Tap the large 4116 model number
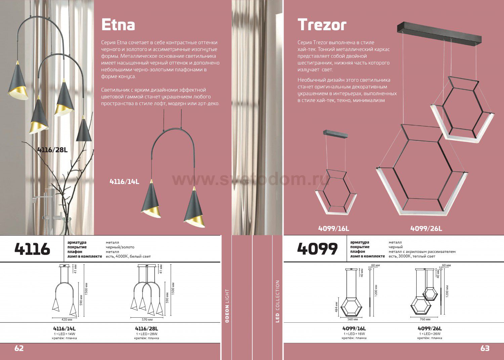tap(32, 249)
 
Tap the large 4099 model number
tap(317, 249)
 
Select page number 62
tap(19, 348)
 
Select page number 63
tap(485, 348)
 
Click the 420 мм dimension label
tap(67, 319)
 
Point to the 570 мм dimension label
tap(147, 319)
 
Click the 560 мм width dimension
tap(352, 319)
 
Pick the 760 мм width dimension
tap(425, 319)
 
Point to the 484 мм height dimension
tap(336, 307)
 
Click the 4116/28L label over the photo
tap(52, 150)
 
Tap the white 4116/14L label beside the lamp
tap(124, 181)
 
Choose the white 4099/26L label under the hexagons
tap(426, 228)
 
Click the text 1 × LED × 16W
tap(354, 334)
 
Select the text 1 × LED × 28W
tap(147, 334)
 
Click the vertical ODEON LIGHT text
tap(227, 306)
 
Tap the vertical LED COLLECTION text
tap(277, 301)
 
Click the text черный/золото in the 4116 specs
tap(120, 247)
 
